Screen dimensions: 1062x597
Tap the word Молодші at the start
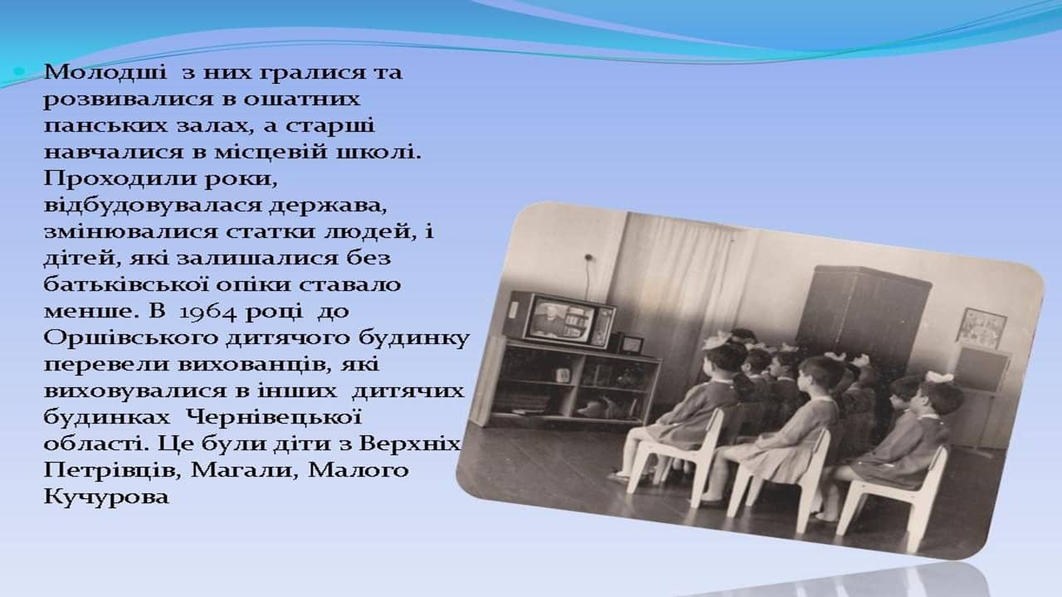[105, 72]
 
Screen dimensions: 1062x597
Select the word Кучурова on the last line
[106, 498]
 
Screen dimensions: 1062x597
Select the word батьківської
[126, 285]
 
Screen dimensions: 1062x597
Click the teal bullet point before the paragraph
[19, 72]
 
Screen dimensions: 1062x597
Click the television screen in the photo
[562, 320]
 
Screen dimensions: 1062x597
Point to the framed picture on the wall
[982, 328]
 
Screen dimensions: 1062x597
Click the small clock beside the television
[631, 344]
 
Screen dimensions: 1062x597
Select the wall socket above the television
[588, 258]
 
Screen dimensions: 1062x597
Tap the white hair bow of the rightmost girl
[935, 377]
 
